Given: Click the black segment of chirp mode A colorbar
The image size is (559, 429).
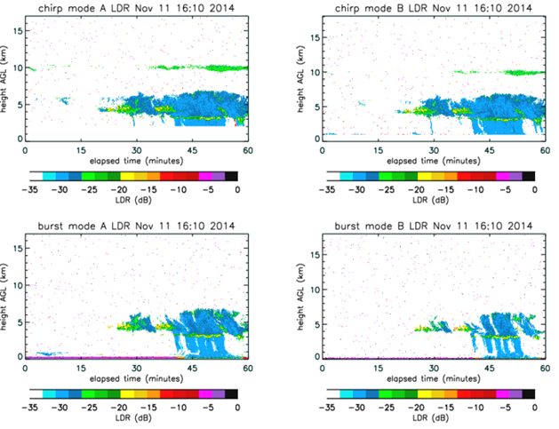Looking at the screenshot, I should (231, 177).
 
